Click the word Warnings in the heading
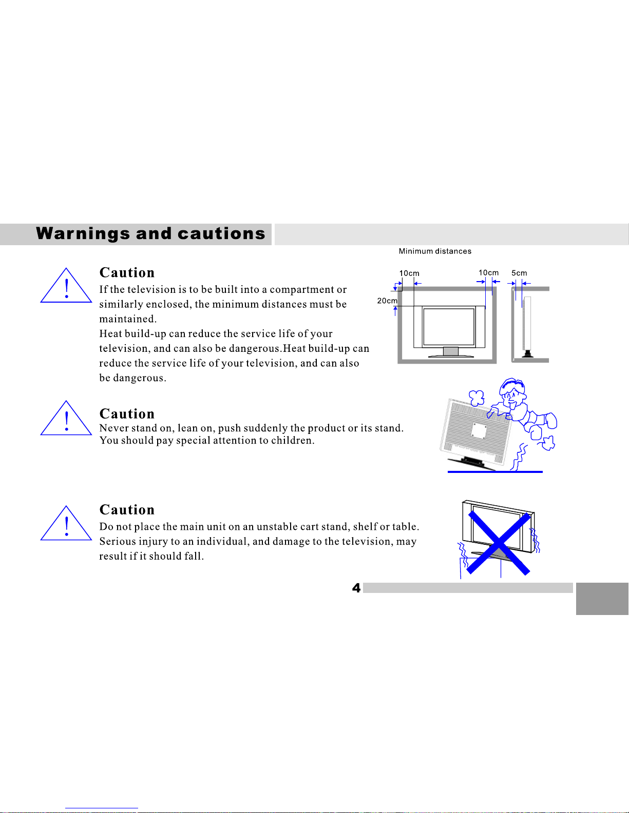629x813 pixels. click(x=83, y=234)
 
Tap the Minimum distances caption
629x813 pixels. click(x=435, y=251)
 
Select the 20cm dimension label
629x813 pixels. click(x=387, y=301)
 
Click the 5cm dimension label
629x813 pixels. click(x=519, y=273)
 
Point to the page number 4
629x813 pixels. click(x=356, y=588)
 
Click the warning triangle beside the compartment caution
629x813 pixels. click(x=66, y=286)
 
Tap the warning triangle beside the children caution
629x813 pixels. click(x=66, y=418)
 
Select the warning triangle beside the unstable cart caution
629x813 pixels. click(x=66, y=523)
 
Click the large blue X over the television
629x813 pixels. click(x=499, y=543)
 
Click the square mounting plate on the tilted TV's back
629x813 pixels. click(x=479, y=431)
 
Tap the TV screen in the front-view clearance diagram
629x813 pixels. click(x=449, y=327)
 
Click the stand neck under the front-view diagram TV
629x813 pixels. click(x=450, y=351)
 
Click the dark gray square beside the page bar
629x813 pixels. click(x=602, y=598)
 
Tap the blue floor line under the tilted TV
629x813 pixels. click(x=495, y=472)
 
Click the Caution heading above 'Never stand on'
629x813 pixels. click(x=127, y=414)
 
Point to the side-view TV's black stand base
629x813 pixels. click(x=528, y=354)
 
